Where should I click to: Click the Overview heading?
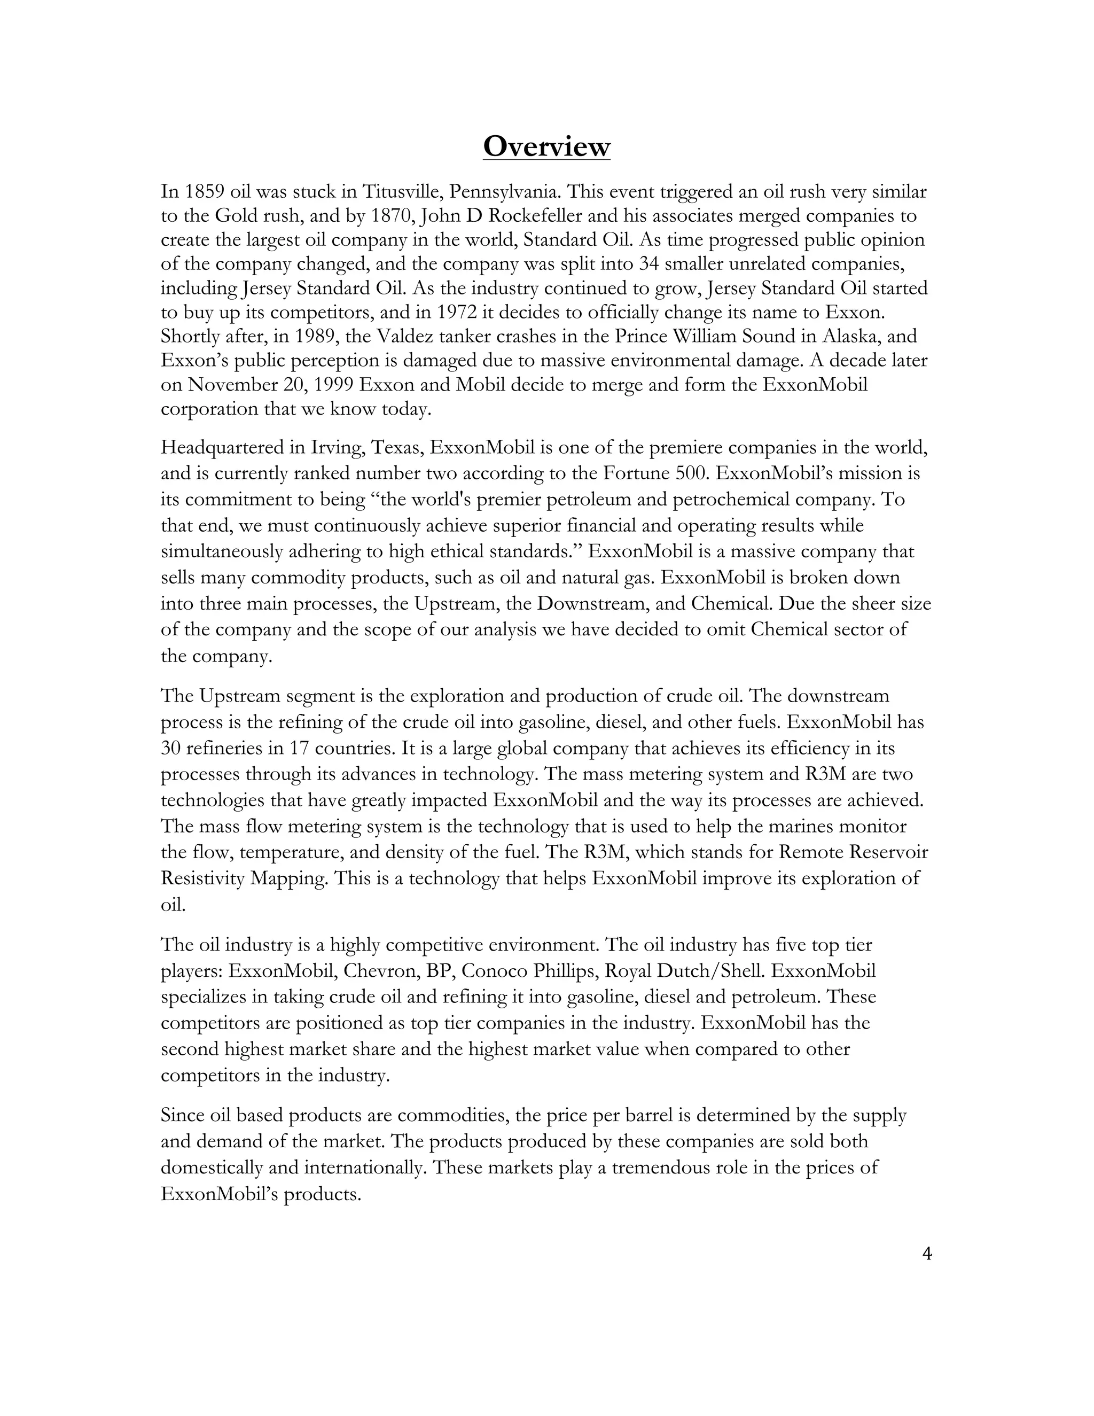(x=546, y=146)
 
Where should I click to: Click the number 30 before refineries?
(x=170, y=748)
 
